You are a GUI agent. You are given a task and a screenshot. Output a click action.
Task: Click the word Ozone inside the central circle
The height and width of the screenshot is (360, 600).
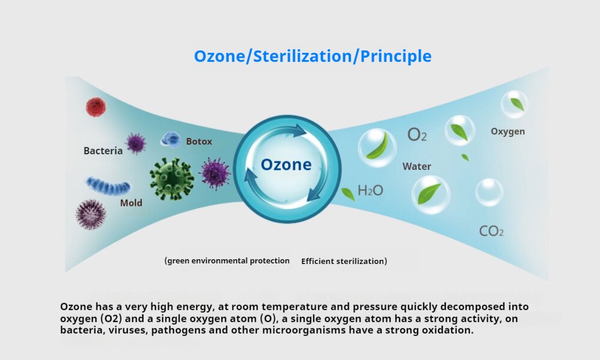[286, 164]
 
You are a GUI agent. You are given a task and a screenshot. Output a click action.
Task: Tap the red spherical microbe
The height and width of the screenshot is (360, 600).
[95, 107]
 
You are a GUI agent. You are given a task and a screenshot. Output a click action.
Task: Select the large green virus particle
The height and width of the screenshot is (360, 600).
[172, 179]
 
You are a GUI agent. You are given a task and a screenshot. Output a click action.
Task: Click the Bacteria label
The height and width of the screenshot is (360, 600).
[103, 151]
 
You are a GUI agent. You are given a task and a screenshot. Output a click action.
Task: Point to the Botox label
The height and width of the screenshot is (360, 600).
[199, 142]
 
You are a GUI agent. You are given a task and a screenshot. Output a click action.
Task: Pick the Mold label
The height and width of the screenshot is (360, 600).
[131, 203]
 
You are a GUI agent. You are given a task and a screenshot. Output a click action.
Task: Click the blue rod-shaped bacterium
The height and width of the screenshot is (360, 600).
[107, 185]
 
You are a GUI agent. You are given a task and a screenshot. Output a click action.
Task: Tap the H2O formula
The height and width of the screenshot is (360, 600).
[370, 190]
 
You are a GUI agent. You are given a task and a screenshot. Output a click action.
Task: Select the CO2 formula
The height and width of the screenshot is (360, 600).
[491, 230]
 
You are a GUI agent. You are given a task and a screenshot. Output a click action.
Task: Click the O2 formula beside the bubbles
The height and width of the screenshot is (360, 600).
[417, 134]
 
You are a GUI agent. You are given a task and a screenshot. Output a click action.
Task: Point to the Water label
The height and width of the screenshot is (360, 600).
[417, 166]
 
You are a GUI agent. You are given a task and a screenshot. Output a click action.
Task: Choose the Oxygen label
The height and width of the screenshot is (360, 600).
[508, 131]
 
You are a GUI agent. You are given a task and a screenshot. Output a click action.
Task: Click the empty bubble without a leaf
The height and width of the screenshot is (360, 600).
[489, 192]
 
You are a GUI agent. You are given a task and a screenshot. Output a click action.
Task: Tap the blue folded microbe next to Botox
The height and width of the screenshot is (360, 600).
[170, 140]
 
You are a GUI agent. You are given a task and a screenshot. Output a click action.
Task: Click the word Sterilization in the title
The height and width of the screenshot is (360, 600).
[302, 56]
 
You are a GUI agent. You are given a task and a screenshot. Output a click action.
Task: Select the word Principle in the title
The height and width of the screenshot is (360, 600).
[395, 56]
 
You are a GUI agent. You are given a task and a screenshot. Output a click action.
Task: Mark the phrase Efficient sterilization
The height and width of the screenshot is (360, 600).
[344, 261]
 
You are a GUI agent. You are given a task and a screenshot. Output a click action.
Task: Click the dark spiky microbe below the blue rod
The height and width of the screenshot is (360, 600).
[91, 214]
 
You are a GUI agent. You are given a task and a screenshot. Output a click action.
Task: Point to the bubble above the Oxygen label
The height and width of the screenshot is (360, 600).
[514, 104]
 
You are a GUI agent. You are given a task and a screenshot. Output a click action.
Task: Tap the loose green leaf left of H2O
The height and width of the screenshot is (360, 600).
[348, 194]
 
